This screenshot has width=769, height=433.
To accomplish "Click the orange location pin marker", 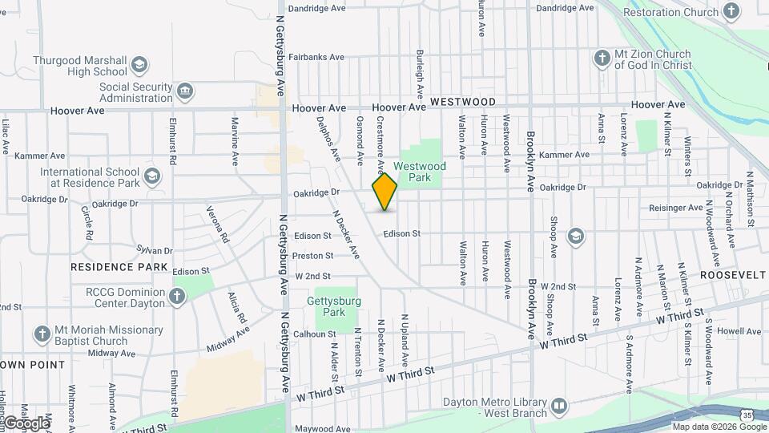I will point(384,192).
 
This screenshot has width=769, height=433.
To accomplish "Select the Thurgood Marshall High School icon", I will point(139,65).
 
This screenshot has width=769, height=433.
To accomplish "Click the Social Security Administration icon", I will point(185,91).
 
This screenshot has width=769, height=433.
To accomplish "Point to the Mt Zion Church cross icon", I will point(602,59).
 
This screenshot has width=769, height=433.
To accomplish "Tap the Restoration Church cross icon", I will point(731,12).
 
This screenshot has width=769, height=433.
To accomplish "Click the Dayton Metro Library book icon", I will point(558,407).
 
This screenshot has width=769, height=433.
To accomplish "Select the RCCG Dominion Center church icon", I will point(177,297).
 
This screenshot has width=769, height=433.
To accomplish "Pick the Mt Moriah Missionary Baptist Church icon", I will point(42,334).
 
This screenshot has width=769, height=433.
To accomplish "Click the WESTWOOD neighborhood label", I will point(462,103).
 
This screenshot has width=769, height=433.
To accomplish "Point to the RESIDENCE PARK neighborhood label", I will point(119,267).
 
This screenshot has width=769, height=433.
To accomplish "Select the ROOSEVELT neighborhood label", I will point(733,274).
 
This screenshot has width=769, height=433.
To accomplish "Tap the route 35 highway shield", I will point(747,415).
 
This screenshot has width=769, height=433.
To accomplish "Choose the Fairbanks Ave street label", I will point(316,57).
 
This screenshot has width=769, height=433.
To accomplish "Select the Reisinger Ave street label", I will point(677,208).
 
